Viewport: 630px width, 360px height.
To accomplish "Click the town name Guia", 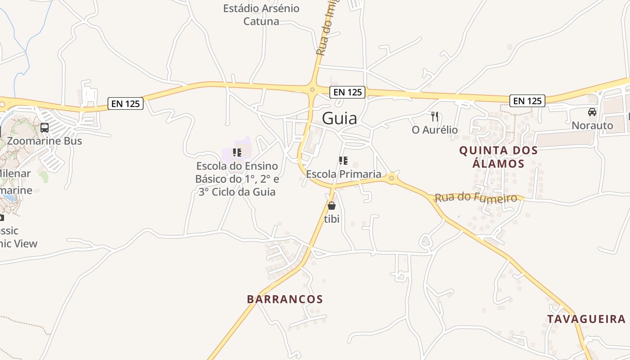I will point(340,118).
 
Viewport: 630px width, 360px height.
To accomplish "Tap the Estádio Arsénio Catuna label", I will point(261,14).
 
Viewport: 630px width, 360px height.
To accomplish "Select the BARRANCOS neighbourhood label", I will point(285,299).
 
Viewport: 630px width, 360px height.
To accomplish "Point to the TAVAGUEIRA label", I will point(586,319).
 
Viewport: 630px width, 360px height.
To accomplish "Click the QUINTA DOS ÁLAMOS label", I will point(499,157).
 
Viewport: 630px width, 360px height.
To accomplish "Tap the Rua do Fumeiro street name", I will point(476,198).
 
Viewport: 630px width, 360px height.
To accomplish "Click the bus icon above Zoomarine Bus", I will point(45,128).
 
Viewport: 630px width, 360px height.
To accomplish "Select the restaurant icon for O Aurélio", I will point(435,117).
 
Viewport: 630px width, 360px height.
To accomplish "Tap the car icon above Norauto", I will point(592,112).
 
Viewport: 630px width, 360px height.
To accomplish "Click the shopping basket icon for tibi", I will point(332,206).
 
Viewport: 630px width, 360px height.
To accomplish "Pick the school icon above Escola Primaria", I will point(343,161).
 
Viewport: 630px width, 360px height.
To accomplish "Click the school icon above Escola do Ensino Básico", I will point(237,153).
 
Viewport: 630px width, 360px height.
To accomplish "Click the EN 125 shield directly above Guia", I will point(347,92).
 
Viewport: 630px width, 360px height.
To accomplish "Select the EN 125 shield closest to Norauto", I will point(527,101).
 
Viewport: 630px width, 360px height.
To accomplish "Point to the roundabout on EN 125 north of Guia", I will point(312,90).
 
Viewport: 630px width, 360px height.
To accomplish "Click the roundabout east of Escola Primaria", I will point(391,178).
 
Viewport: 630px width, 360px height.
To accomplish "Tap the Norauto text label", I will point(592,125).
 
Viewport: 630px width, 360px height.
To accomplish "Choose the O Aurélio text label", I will point(435,130).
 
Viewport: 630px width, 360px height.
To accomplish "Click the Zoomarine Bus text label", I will point(45,141).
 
